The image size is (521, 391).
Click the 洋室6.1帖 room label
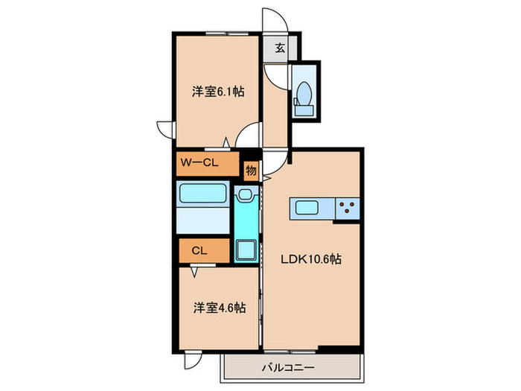(x=218, y=92)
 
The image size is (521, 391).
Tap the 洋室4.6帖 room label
(x=220, y=307)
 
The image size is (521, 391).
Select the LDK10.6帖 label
(x=310, y=260)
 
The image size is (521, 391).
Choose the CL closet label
(x=199, y=251)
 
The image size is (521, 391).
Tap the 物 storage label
(x=251, y=171)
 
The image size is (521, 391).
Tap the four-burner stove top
(x=347, y=209)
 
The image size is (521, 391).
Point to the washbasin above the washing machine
(x=245, y=195)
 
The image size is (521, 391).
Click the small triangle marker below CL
(x=194, y=273)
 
